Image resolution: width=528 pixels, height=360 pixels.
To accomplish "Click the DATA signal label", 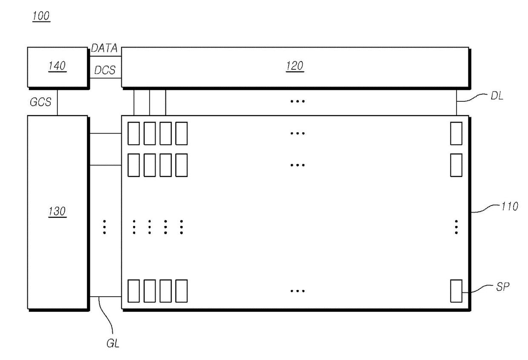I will [x=104, y=49].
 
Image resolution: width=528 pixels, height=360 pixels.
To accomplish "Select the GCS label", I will [x=40, y=102].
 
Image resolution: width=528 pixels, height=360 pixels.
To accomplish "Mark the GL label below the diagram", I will [x=113, y=343].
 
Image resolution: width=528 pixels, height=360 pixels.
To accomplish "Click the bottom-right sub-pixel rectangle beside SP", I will [x=456, y=291].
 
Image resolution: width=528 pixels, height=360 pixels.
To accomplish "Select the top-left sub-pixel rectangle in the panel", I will [x=134, y=133].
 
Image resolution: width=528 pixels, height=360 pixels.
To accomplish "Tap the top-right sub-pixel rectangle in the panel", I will [x=456, y=133].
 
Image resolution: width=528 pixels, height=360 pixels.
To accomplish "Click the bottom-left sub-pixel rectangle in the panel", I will [x=134, y=291].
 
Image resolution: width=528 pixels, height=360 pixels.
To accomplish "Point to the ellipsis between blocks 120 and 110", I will [x=297, y=102].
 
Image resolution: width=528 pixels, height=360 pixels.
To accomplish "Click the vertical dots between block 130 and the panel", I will [x=105, y=227].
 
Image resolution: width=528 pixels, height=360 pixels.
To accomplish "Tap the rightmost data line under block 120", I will [x=456, y=102].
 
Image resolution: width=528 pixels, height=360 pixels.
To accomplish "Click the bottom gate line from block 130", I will [x=106, y=297].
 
